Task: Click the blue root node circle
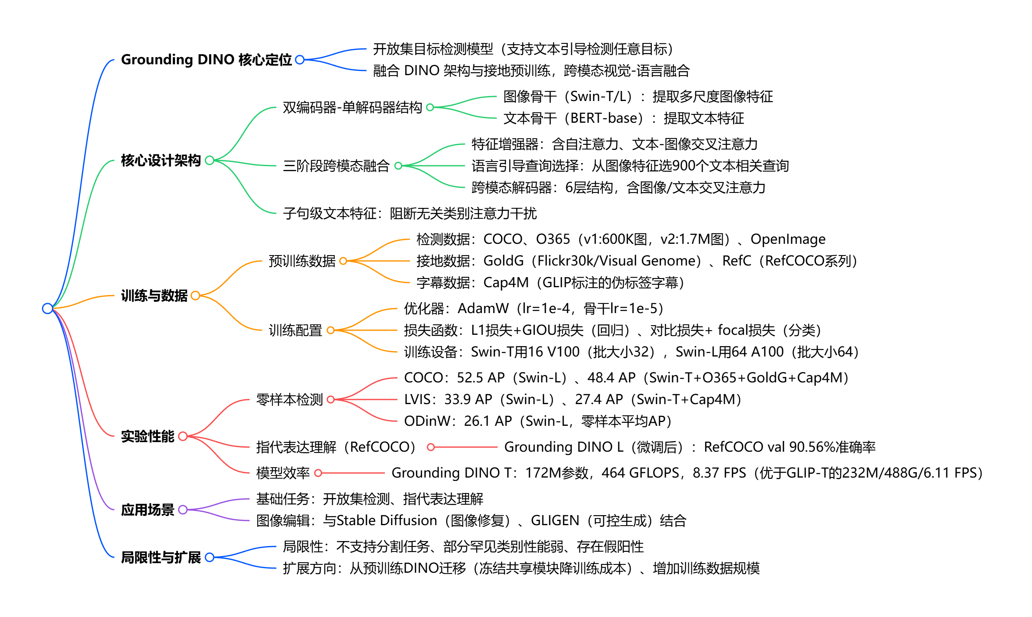48,308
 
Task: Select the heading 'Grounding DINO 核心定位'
206,60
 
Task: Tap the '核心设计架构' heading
161,160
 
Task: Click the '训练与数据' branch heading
154,296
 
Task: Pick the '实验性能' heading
147,436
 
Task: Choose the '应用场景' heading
147,510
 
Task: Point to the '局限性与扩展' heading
161,557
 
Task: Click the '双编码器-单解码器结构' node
352,108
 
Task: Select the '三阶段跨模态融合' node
336,166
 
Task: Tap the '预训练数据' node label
302,261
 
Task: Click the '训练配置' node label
295,330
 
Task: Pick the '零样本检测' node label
289,400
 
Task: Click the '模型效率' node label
283,473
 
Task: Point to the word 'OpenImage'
788,239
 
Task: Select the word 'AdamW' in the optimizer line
483,308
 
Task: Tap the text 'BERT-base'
606,118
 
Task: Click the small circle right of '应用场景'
183,510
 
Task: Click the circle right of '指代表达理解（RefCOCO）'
431,447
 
